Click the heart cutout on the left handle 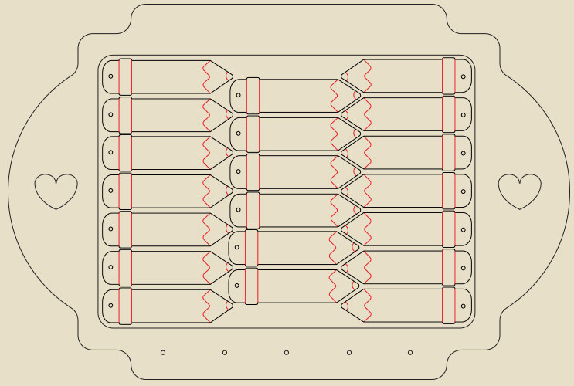tap(56, 190)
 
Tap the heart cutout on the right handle tap(519, 190)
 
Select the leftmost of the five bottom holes tap(163, 353)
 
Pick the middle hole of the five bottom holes tap(287, 353)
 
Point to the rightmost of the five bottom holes tap(410, 353)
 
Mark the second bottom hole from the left tap(225, 353)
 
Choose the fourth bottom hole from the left tap(348, 353)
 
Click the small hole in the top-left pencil tap(110, 76)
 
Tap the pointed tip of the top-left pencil tap(231, 76)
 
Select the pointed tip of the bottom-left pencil tap(231, 306)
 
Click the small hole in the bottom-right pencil tap(464, 306)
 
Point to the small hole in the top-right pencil tap(464, 76)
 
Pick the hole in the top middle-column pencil tap(238, 96)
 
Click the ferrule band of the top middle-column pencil tap(253, 96)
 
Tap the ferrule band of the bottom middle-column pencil tap(252, 286)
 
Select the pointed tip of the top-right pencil tap(342, 76)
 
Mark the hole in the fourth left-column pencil tap(110, 191)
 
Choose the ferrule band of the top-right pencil tap(448, 76)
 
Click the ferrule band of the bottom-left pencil tap(125, 306)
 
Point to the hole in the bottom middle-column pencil tap(237, 286)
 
